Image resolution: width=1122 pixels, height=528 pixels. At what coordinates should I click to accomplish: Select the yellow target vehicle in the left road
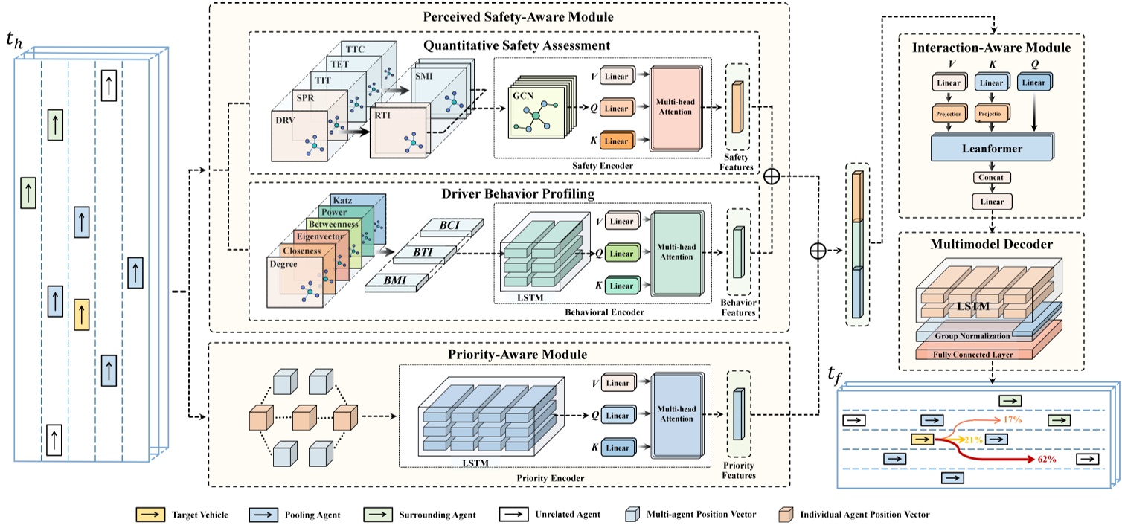click(83, 314)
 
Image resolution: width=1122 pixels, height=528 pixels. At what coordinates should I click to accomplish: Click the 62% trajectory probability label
click(1047, 460)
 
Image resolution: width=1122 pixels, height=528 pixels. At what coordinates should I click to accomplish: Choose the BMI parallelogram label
click(394, 282)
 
